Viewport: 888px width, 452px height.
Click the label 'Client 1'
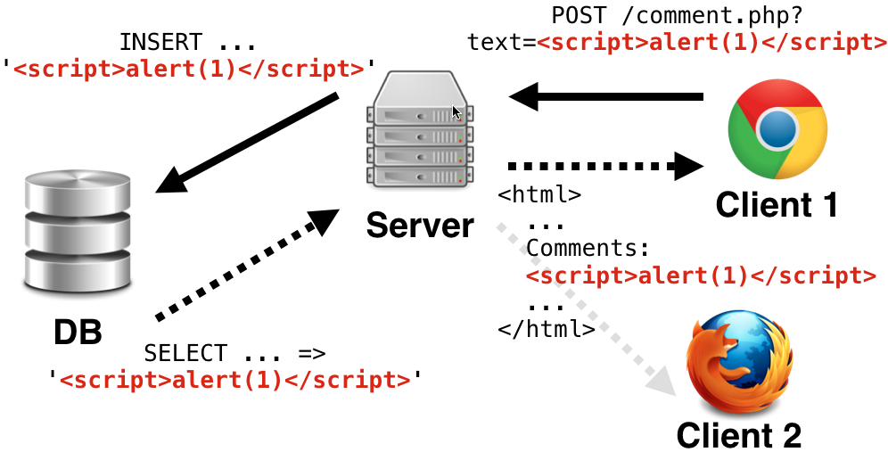pos(777,206)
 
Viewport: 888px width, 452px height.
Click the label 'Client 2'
pos(738,435)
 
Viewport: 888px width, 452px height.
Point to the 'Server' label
pos(420,225)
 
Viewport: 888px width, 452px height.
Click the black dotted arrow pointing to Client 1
pos(606,165)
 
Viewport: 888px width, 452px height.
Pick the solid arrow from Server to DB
pos(250,142)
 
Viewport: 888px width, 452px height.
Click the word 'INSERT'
pos(160,42)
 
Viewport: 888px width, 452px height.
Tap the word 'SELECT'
pos(185,352)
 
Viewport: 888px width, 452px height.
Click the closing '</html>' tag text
pos(547,328)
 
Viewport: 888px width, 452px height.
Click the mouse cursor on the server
pos(456,112)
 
